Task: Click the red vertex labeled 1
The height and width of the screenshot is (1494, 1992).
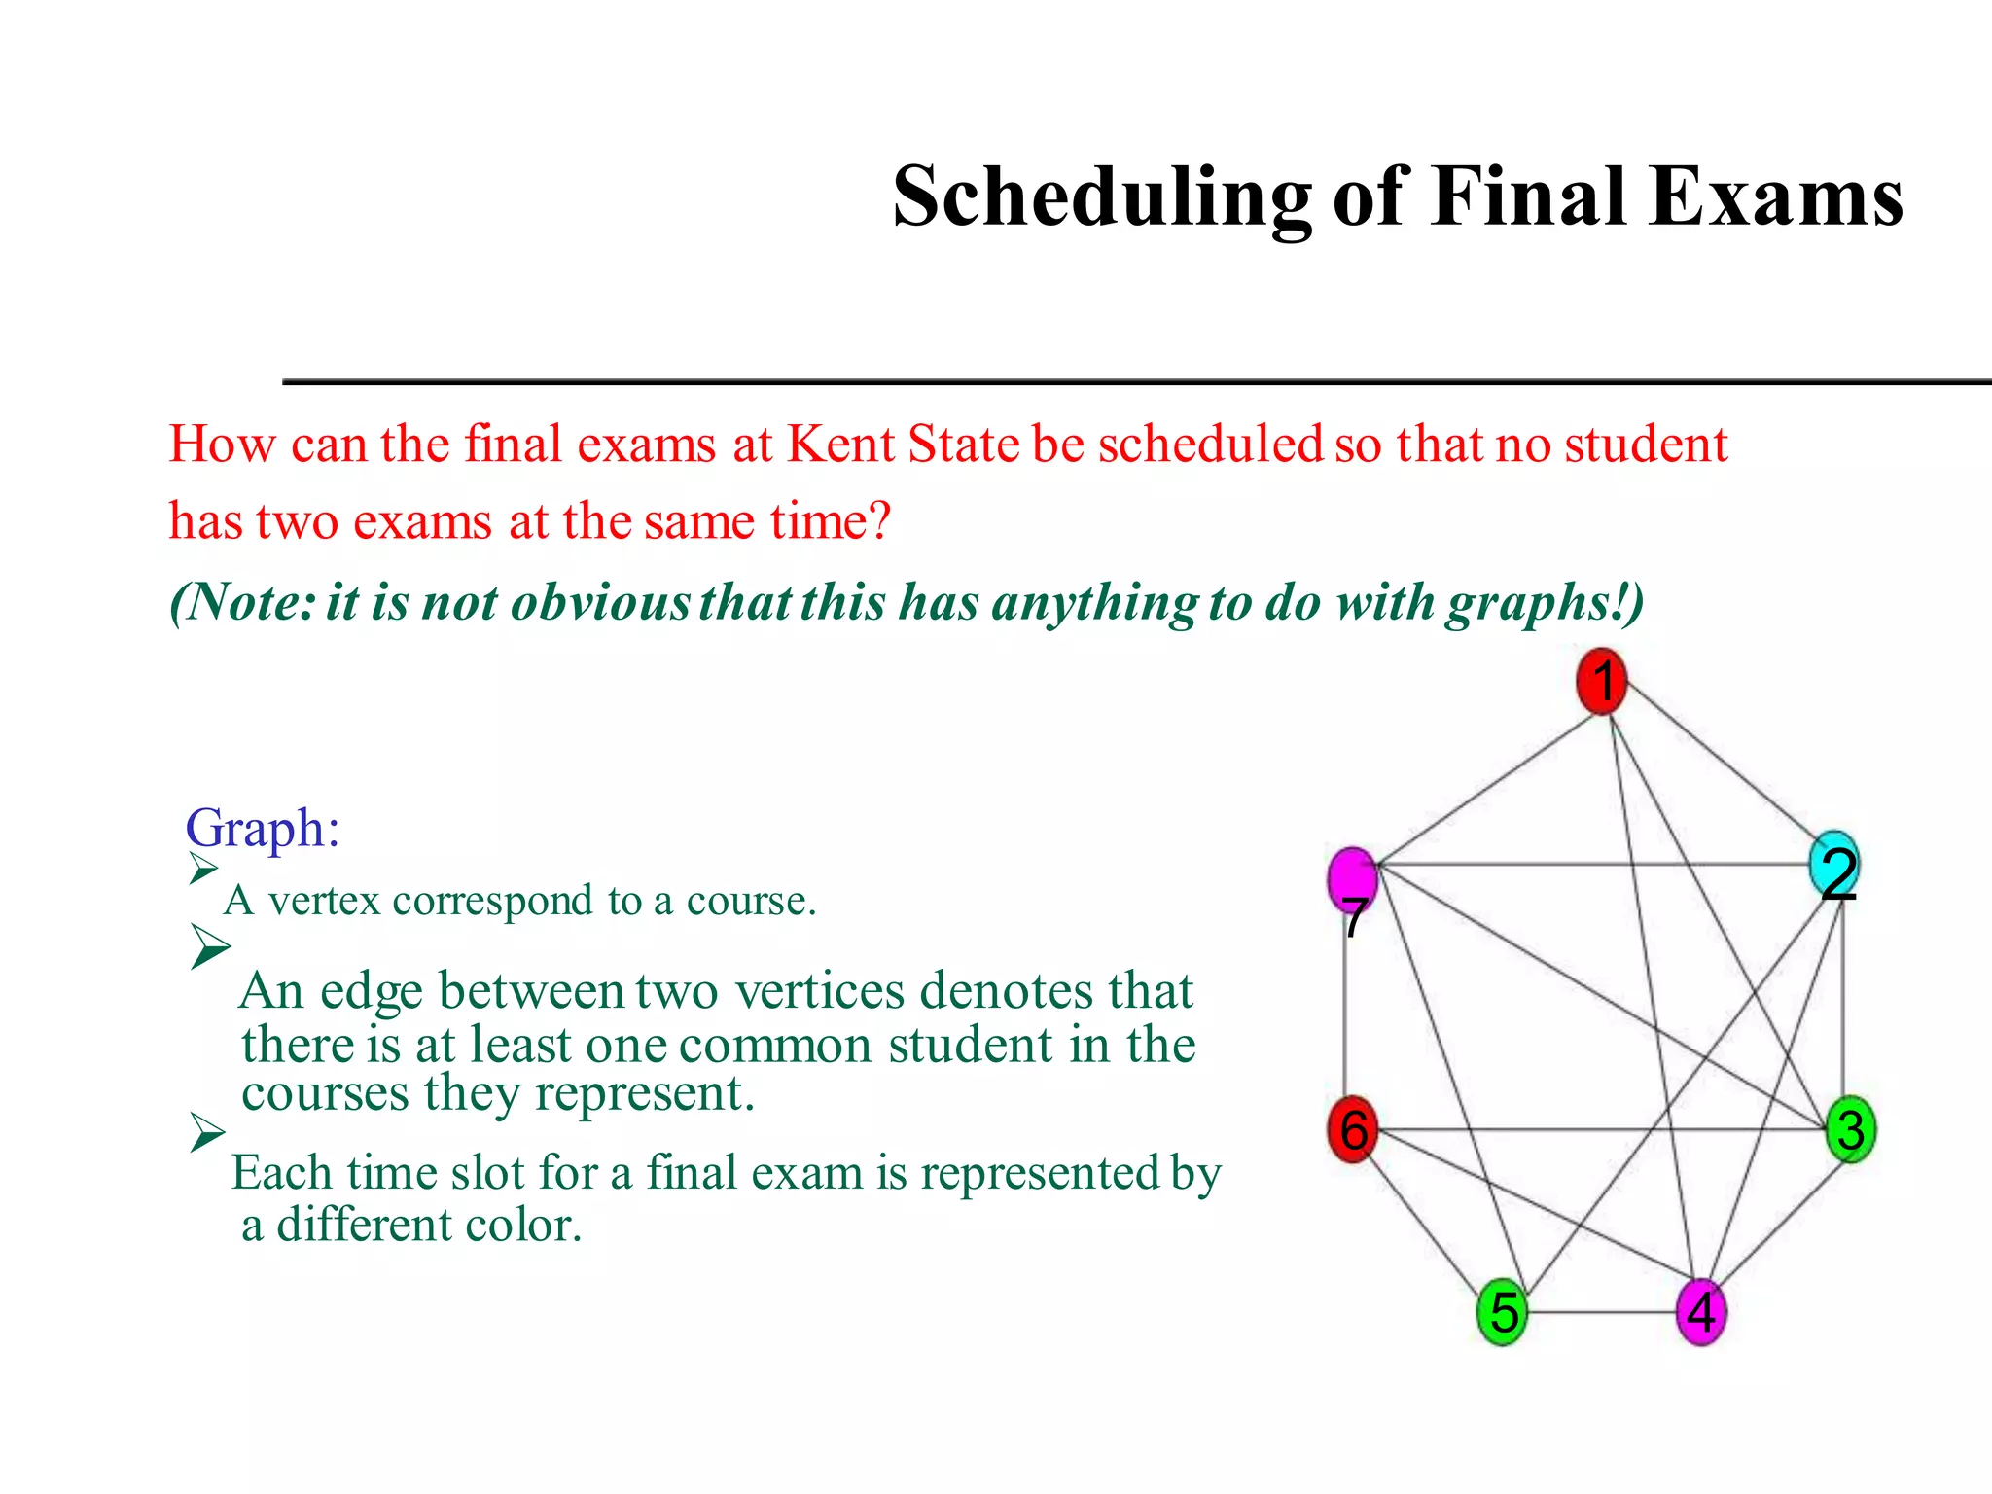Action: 1601,681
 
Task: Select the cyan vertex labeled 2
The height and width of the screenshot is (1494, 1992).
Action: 1833,864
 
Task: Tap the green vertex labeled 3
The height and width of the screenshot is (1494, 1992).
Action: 1850,1128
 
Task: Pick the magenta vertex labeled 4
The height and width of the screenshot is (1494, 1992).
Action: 1701,1312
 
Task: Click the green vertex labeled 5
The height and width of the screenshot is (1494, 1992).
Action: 1503,1312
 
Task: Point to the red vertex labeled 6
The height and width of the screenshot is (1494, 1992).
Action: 1353,1128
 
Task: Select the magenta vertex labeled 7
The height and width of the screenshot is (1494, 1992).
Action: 1352,878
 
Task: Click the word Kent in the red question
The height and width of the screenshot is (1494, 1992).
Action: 840,445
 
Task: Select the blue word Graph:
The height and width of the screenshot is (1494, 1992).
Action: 263,829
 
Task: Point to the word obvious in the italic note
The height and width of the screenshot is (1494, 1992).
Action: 600,602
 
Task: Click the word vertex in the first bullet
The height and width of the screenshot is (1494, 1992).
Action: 324,901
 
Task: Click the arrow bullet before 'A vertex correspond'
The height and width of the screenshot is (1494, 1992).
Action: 203,868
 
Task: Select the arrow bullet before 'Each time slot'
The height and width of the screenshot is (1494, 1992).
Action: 207,1132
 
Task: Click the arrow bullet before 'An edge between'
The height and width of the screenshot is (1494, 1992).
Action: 210,945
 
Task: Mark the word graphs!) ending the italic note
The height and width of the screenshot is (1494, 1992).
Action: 1545,602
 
